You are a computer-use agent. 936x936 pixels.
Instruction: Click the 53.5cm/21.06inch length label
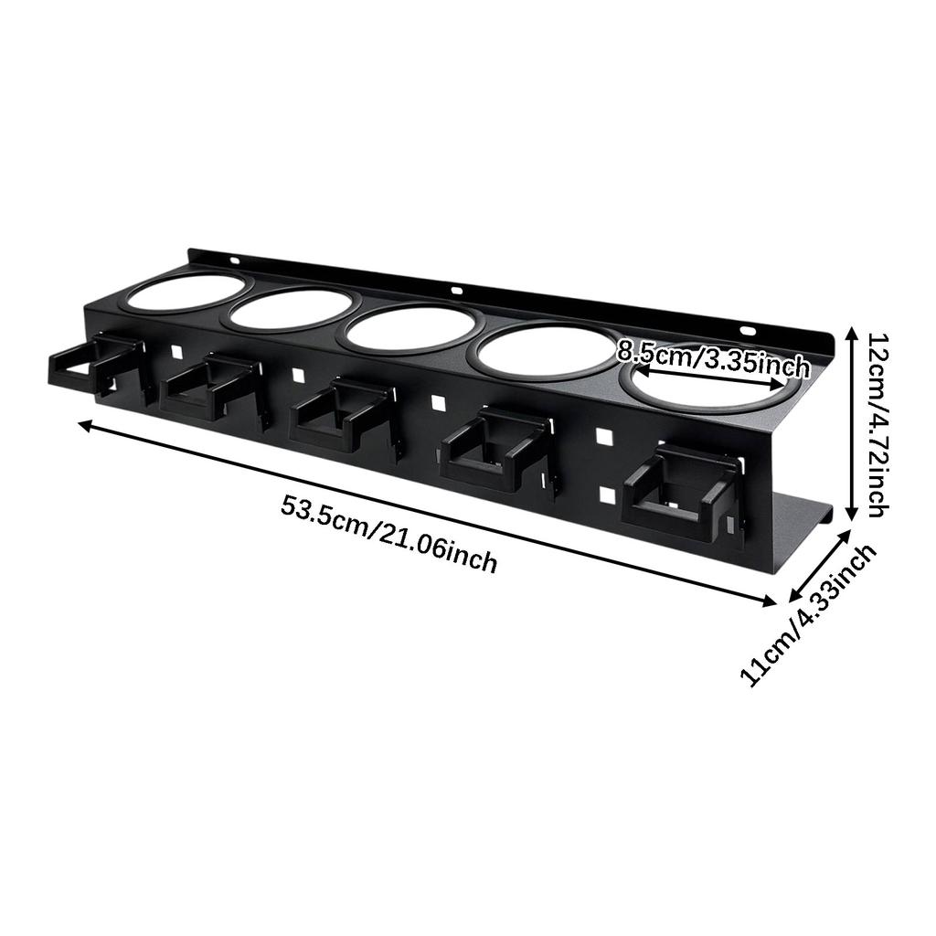point(388,533)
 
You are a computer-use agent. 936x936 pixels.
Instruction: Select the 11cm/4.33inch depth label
point(808,614)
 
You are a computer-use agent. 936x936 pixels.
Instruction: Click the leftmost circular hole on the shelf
point(186,292)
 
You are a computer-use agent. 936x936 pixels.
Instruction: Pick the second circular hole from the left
point(291,309)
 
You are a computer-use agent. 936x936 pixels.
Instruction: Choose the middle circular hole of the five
point(409,328)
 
